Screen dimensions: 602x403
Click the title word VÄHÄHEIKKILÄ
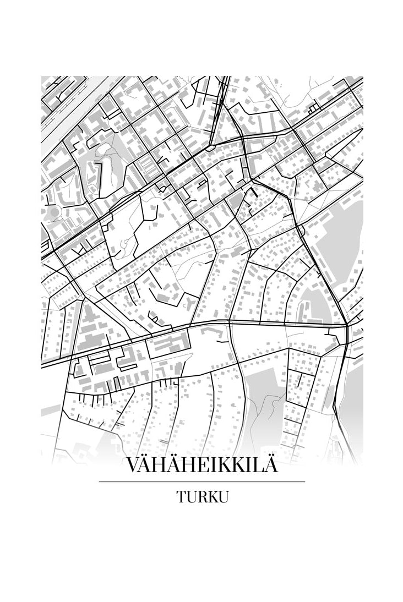(x=201, y=465)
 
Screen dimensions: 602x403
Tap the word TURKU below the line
(x=202, y=497)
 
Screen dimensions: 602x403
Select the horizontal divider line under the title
(x=201, y=482)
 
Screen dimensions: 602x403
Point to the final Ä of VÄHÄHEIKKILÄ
(x=269, y=465)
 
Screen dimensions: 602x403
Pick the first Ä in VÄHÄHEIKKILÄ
(x=149, y=465)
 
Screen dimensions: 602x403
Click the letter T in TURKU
(x=181, y=497)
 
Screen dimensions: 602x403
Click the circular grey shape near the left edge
(x=53, y=212)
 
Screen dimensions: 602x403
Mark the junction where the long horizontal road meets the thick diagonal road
(x=346, y=326)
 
